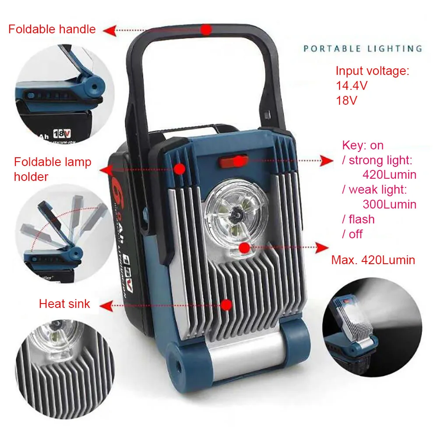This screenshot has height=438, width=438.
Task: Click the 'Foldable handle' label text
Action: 52,29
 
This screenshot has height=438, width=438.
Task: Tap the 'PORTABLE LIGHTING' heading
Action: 363,49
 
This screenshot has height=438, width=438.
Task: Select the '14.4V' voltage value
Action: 352,86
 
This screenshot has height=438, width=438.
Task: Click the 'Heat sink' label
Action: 64,304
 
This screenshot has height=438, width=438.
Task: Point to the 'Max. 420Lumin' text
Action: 373,260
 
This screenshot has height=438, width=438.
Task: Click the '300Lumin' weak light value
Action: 389,205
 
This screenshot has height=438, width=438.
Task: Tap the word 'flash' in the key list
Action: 362,219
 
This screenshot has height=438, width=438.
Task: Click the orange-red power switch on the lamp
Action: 233,161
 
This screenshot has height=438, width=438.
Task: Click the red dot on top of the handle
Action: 206,29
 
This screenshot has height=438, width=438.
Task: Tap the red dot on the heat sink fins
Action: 226,305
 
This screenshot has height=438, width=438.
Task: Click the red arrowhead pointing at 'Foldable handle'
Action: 110,31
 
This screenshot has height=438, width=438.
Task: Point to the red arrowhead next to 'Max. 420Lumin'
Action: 321,247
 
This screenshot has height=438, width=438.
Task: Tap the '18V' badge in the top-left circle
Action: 62,134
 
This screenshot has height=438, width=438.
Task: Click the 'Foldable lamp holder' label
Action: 53,169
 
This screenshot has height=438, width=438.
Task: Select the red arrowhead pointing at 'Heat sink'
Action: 106,306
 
